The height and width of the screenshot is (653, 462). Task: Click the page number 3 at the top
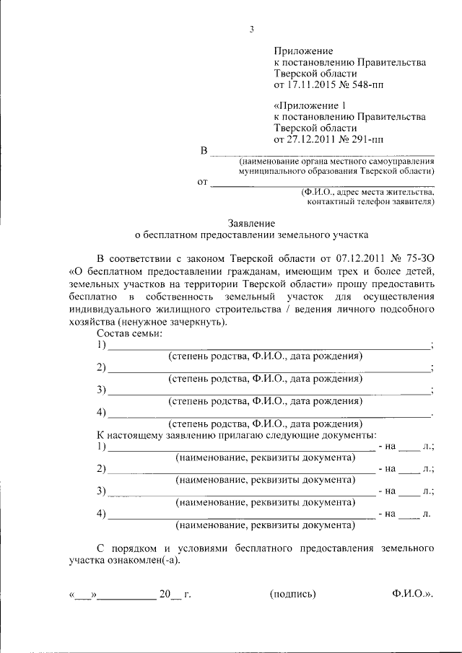[x=252, y=30]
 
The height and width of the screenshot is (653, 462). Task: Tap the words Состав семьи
[x=130, y=333]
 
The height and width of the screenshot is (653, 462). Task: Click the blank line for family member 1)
[x=267, y=348]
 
